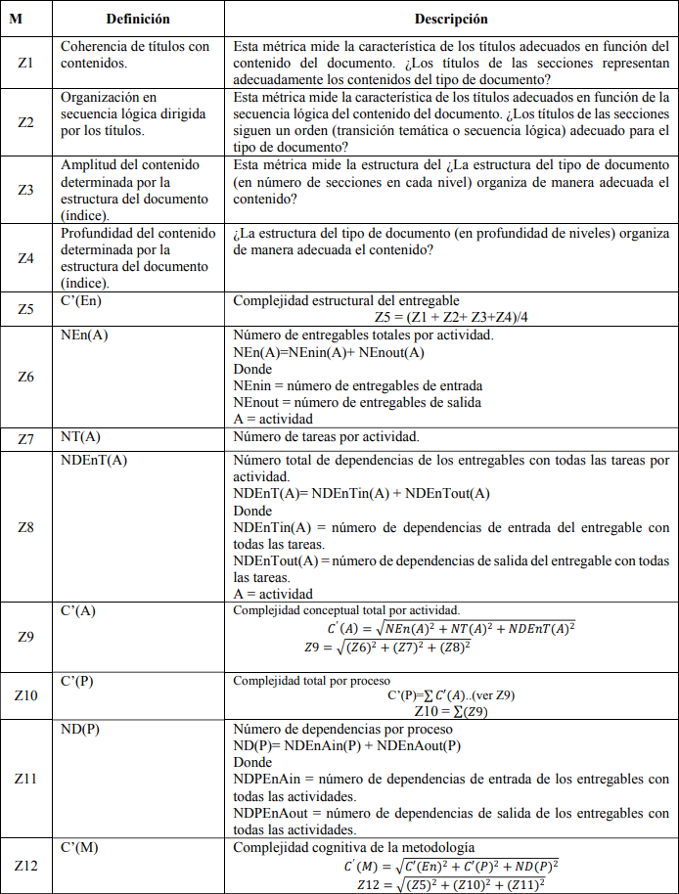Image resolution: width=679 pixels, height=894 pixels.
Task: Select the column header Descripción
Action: [x=451, y=19]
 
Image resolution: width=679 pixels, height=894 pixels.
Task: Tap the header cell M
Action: [x=26, y=19]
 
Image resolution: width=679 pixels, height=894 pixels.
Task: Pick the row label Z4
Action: [x=26, y=258]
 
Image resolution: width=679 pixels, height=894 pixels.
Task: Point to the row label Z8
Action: [x=26, y=527]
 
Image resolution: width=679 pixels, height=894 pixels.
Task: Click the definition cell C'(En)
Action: [x=81, y=300]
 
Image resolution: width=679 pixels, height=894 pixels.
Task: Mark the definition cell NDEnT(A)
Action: [x=94, y=459]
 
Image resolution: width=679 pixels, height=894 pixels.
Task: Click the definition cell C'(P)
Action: [x=78, y=680]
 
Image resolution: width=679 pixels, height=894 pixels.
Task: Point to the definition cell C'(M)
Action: [x=79, y=846]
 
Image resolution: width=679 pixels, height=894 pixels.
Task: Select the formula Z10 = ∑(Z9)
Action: [x=451, y=711]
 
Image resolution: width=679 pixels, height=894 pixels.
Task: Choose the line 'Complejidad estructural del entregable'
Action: [x=346, y=300]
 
